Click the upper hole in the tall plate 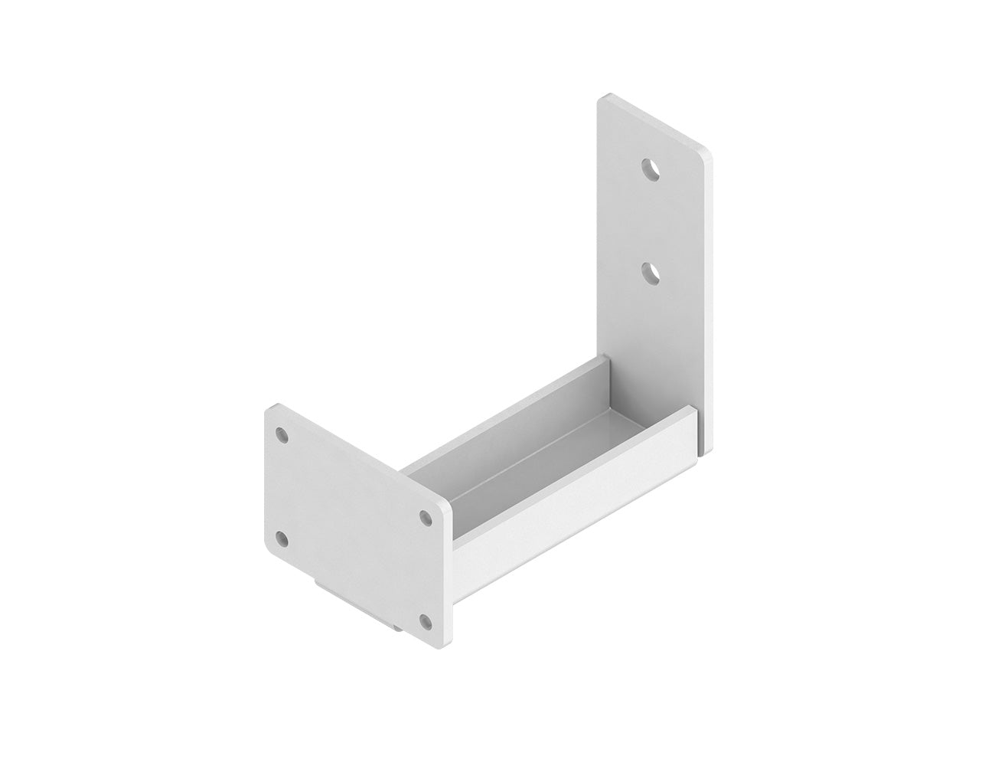click(x=651, y=168)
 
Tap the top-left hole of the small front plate click(x=283, y=435)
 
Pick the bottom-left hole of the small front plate click(x=283, y=539)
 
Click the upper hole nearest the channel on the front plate click(x=426, y=518)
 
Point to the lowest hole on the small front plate click(x=426, y=620)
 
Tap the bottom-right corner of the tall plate click(x=707, y=446)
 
